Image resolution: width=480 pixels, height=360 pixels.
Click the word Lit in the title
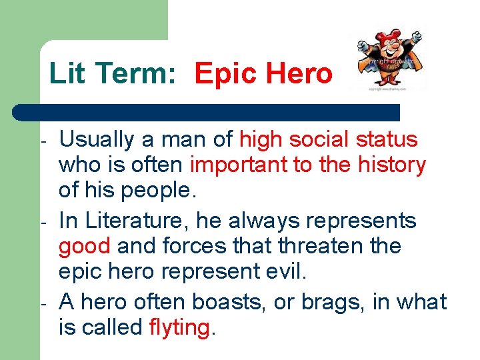click(x=62, y=73)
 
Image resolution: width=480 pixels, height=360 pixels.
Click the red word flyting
click(x=179, y=327)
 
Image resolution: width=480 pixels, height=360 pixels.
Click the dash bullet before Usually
click(x=42, y=142)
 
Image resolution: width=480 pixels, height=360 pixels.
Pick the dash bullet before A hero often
click(x=42, y=303)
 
